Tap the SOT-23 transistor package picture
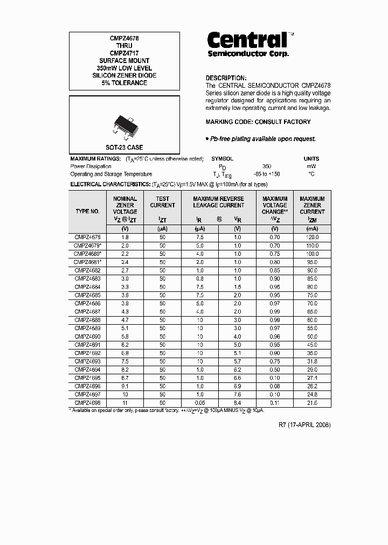coord(124,123)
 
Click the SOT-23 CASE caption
coord(124,147)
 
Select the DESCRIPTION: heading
coord(226,78)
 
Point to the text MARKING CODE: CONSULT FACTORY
coord(258,122)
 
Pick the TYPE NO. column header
coord(88,212)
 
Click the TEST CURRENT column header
coord(162,202)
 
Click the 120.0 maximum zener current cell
coord(312,237)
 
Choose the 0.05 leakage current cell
coord(200,403)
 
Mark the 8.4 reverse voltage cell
coord(238,403)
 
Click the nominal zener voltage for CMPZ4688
coord(124,320)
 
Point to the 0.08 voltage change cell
coord(275,386)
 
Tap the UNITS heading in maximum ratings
coord(311,159)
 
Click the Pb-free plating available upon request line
coord(261,139)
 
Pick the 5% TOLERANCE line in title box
coord(124,83)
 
